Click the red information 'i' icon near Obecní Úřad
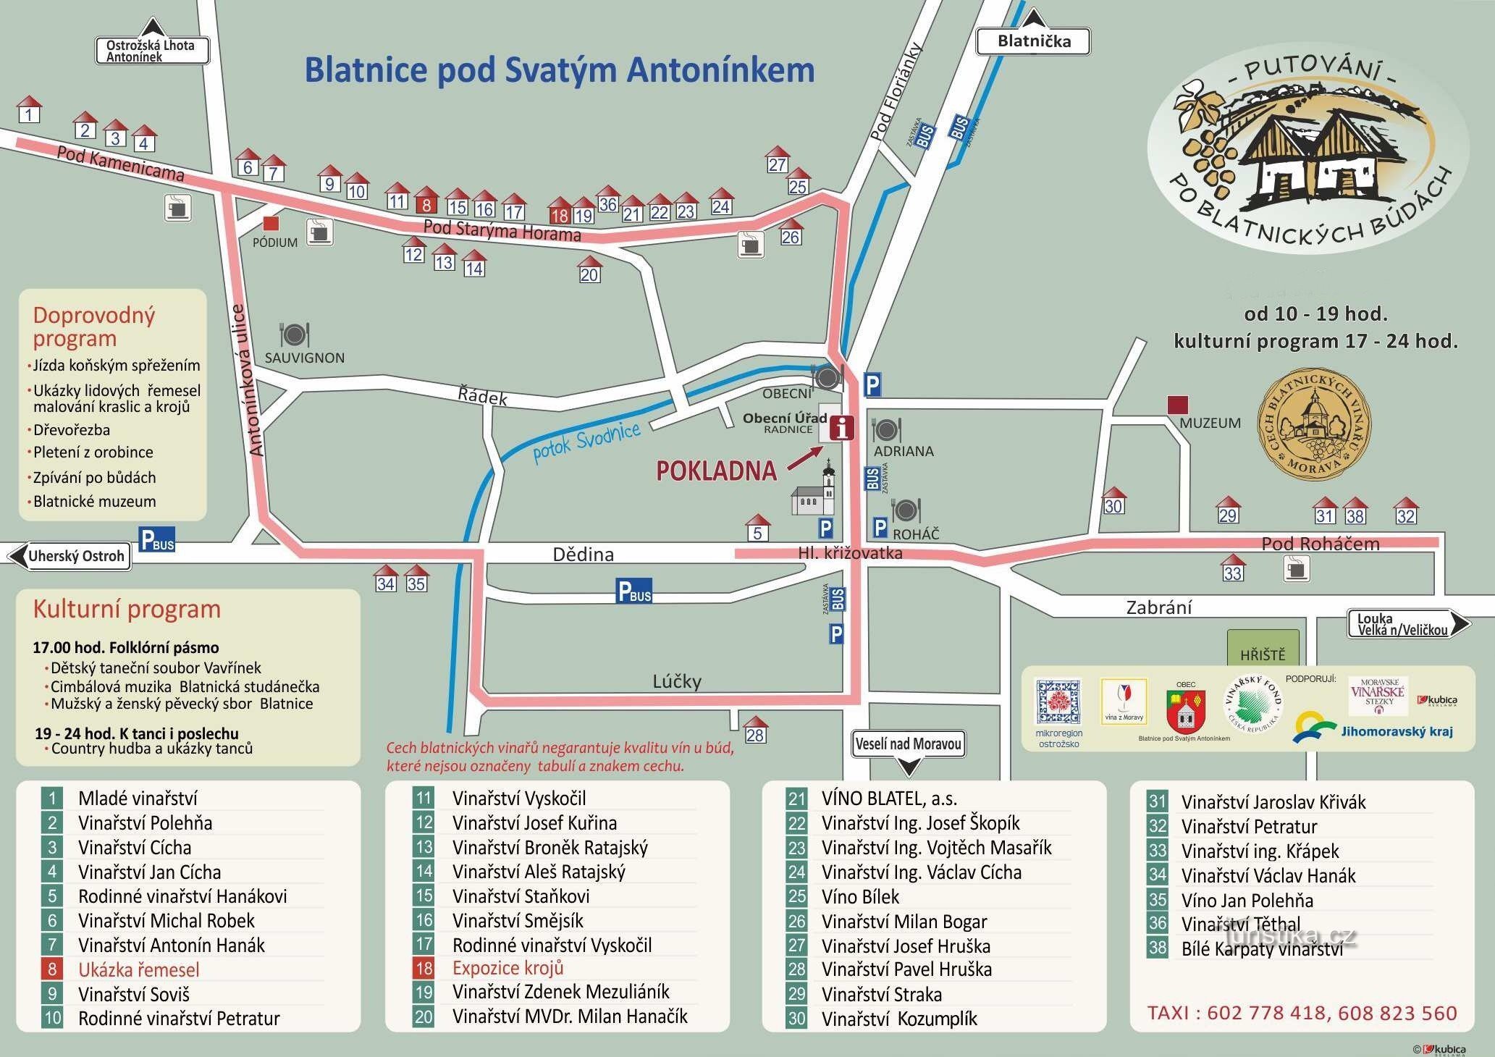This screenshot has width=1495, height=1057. (841, 428)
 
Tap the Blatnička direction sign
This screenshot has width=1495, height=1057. (1033, 41)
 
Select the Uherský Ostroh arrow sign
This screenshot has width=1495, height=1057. (70, 556)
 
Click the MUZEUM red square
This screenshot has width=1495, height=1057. (1178, 405)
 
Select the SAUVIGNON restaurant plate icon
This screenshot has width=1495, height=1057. (295, 335)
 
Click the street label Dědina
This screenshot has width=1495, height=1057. (583, 555)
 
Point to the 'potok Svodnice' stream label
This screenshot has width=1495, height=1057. (586, 442)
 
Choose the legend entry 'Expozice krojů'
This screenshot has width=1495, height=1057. (508, 968)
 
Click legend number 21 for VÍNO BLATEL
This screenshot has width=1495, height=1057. (796, 799)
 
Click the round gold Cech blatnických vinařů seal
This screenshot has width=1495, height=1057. (1313, 424)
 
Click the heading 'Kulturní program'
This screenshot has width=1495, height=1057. (127, 610)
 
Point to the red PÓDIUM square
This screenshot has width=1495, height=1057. (271, 223)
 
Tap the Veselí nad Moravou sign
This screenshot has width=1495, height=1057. (908, 744)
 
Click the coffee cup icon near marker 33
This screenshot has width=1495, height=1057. (1295, 568)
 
